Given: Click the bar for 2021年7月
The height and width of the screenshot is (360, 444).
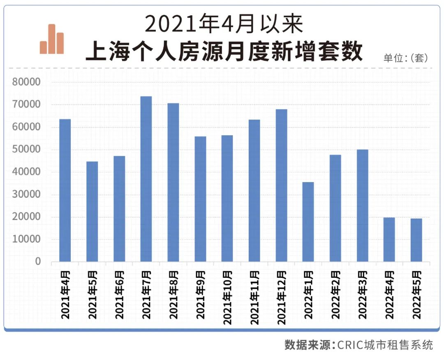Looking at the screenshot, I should click(146, 179).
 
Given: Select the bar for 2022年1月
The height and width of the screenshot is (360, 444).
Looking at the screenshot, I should click(308, 222).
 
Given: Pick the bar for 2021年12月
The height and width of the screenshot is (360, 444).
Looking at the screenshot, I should click(281, 185).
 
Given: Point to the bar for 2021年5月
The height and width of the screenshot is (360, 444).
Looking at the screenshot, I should click(92, 211).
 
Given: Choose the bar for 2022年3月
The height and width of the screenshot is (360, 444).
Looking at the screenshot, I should click(362, 205).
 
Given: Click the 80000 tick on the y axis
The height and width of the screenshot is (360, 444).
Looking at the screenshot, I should click(26, 82).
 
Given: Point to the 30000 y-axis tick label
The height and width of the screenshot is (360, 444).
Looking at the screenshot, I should click(26, 194).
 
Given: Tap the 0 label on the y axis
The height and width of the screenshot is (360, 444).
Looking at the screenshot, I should click(38, 262).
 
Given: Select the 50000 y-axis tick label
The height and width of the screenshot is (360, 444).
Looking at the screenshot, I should click(26, 150).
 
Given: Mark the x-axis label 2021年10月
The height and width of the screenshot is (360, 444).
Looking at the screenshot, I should click(227, 297).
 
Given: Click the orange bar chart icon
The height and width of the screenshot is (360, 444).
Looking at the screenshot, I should click(52, 39).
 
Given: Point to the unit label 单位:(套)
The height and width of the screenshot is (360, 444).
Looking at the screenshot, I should click(406, 58).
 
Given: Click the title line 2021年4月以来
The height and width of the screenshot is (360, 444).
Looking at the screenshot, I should click(224, 24).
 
